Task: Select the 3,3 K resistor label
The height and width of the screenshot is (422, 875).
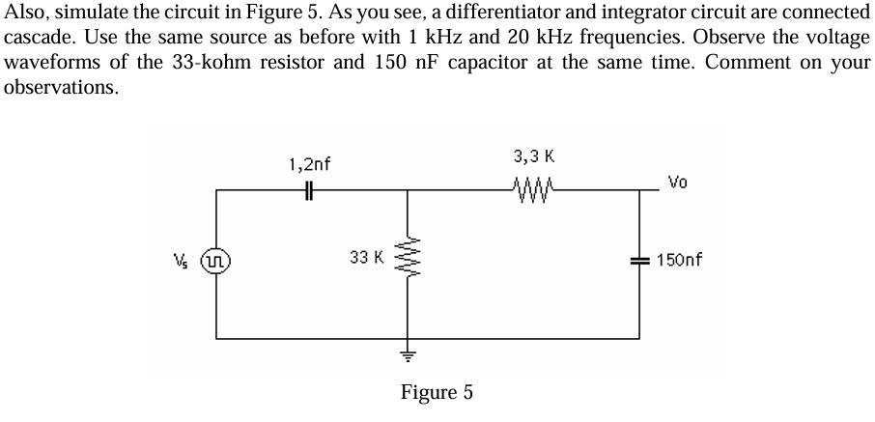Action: point(534,156)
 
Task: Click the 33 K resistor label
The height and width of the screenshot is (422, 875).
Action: point(366,258)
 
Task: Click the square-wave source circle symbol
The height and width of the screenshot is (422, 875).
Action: point(215,261)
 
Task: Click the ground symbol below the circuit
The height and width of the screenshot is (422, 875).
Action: point(408,354)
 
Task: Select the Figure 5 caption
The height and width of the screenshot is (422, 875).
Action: point(437,392)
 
